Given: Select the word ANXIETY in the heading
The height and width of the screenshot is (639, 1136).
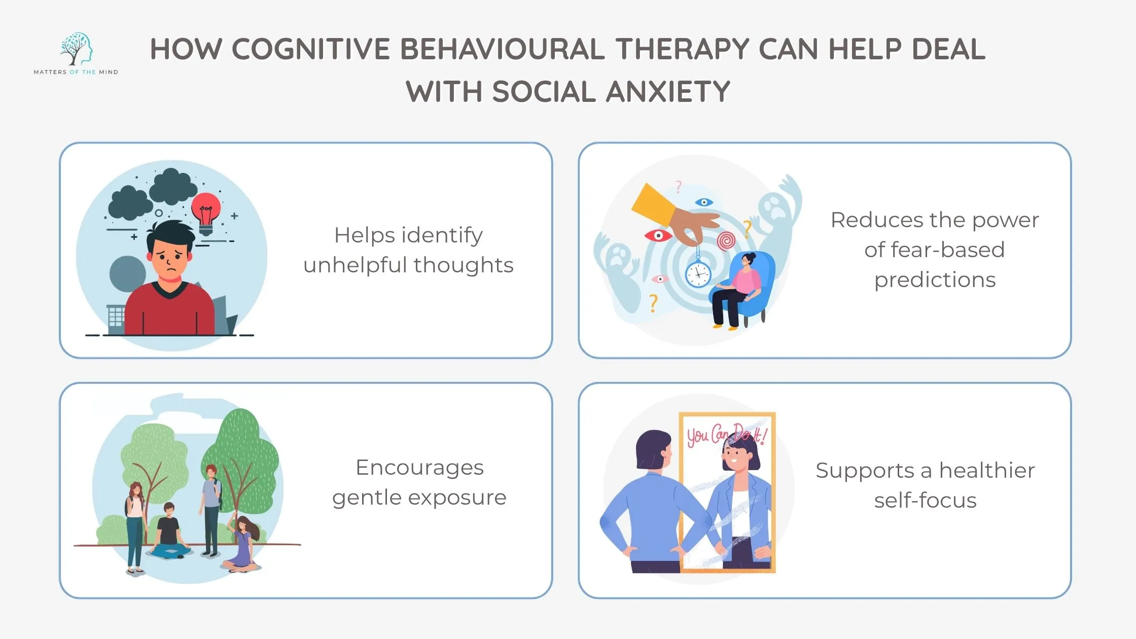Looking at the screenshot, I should [668, 92].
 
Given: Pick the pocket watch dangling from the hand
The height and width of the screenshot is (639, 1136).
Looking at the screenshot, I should [698, 273].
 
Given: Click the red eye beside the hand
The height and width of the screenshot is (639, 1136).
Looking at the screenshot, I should [658, 235].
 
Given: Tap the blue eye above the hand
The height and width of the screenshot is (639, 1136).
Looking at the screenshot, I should [703, 202].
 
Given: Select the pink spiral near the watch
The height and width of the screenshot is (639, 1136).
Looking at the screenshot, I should [726, 240].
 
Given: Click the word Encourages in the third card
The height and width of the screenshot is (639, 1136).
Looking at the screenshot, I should [419, 468].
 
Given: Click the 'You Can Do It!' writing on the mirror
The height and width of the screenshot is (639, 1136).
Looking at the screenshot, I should [726, 435].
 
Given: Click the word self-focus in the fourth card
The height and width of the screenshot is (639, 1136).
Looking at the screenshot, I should [925, 501].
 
